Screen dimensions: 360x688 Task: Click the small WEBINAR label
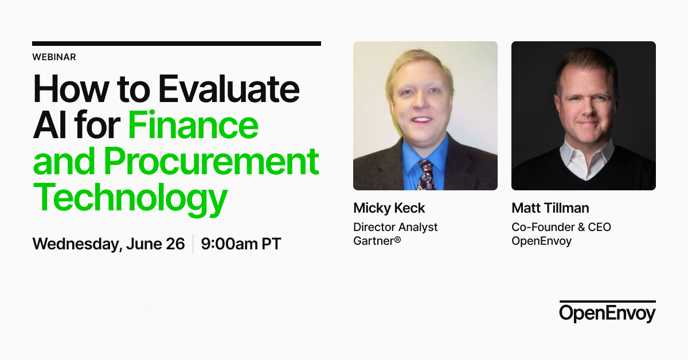pos(54,57)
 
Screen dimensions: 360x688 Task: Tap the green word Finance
pos(193,126)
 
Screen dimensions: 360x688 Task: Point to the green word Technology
pos(130,198)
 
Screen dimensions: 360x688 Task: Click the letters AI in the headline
pos(46,126)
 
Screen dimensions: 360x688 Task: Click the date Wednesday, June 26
pos(108,244)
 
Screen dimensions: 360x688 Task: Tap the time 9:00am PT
pos(241,244)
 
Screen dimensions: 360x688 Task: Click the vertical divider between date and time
pos(193,244)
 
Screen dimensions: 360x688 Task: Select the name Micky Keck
pos(389,208)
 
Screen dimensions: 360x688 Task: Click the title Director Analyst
pos(395,227)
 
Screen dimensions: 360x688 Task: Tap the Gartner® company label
pos(377,241)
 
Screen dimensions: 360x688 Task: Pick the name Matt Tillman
pos(550,208)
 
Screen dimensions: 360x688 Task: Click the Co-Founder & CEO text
pos(561,227)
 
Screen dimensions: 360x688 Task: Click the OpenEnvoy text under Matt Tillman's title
pos(541,241)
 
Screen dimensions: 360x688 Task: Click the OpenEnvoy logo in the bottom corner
pos(607,312)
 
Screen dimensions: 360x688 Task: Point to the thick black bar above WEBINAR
pos(177,44)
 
